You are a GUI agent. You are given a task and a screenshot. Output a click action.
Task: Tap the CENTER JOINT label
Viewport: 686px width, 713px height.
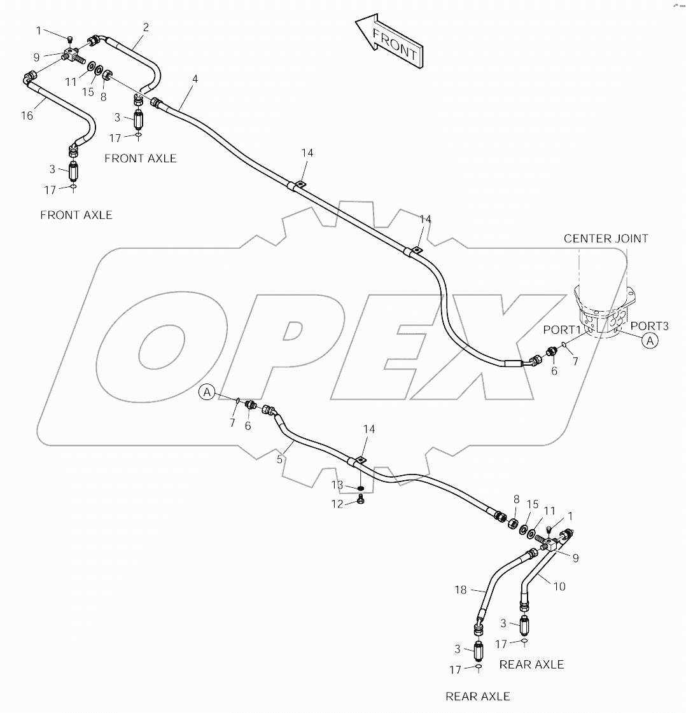click(605, 239)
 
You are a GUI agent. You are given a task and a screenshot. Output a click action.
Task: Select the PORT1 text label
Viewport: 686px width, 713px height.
click(562, 330)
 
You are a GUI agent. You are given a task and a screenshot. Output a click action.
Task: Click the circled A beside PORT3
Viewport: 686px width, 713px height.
click(650, 341)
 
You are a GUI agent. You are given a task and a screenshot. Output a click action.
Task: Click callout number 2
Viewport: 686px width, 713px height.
click(146, 27)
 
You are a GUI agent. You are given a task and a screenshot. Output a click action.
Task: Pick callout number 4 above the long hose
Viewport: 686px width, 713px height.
click(195, 79)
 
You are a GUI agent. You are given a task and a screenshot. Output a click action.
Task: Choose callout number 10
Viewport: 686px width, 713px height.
click(559, 586)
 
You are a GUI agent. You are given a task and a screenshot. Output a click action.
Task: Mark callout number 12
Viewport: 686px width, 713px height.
click(337, 504)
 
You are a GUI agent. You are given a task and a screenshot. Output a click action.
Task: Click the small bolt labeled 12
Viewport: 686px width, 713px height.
click(361, 501)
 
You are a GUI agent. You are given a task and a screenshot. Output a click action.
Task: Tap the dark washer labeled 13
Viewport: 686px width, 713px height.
click(361, 488)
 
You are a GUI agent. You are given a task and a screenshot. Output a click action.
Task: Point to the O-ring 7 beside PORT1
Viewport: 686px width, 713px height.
click(564, 344)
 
